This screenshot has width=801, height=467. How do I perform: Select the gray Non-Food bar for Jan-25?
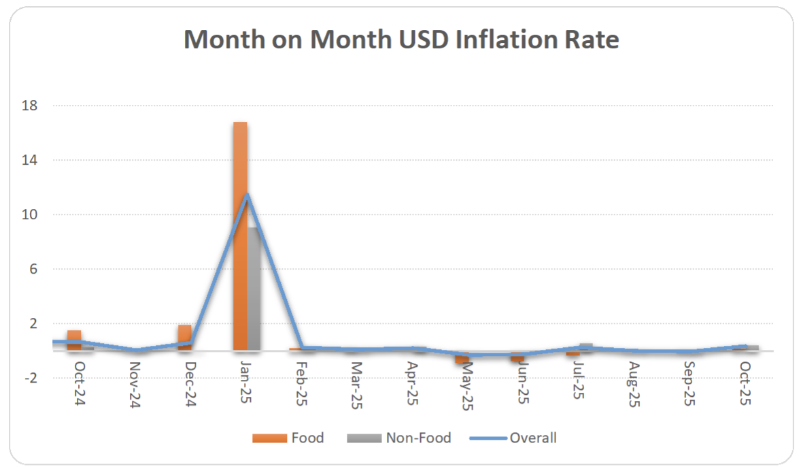(x=253, y=289)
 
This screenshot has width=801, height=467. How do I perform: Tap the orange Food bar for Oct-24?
(x=73, y=340)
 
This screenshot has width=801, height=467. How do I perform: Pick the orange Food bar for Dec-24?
(x=185, y=336)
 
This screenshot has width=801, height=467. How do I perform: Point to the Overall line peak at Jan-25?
(x=247, y=195)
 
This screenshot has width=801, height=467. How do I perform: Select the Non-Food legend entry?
(x=399, y=438)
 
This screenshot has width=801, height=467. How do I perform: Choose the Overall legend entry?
(x=513, y=438)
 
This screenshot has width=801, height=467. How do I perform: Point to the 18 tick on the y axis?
(x=30, y=106)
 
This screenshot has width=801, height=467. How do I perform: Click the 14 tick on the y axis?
(x=30, y=160)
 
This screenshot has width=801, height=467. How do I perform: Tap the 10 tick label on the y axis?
(x=30, y=214)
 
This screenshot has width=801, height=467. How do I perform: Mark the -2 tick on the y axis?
(x=30, y=378)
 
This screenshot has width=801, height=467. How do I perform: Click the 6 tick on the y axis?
(x=33, y=269)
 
